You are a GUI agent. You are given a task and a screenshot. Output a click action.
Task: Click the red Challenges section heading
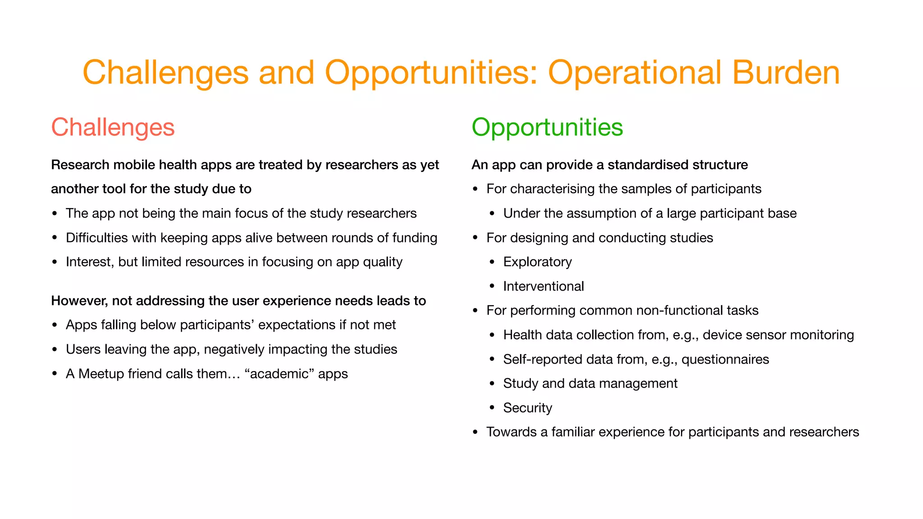click(x=113, y=127)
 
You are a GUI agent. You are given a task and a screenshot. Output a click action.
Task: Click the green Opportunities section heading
click(x=547, y=127)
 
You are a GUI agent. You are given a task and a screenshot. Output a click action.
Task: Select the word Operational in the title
click(x=635, y=73)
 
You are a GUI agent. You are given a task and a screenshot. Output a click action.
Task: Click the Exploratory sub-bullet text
click(x=537, y=262)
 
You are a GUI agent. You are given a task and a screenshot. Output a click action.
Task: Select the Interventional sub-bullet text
click(x=544, y=286)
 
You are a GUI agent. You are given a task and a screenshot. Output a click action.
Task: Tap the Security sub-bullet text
click(x=527, y=408)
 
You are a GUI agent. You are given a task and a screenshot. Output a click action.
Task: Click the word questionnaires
click(x=725, y=360)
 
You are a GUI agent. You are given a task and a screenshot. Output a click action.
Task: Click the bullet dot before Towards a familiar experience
click(x=475, y=432)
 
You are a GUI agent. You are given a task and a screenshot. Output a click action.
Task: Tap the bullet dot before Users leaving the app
click(x=55, y=350)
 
